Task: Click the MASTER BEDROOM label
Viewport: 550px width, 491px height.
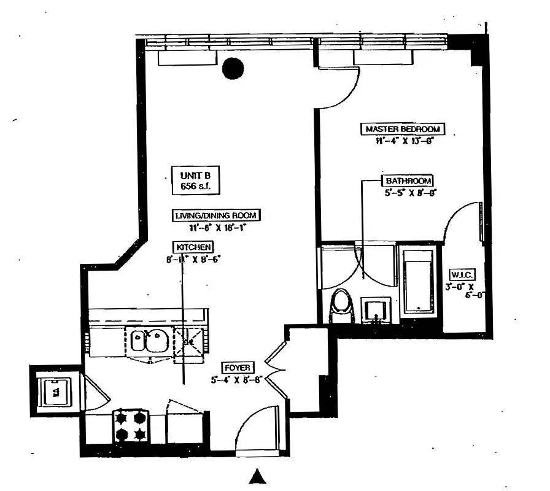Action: tap(402, 129)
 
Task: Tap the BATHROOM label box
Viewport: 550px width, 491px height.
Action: tap(408, 181)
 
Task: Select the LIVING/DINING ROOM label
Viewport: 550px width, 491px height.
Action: tap(215, 215)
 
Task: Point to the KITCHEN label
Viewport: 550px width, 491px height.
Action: tap(194, 247)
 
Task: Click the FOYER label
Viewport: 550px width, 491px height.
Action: tap(236, 368)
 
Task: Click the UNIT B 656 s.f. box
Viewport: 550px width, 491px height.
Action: tap(195, 181)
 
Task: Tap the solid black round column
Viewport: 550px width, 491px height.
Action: tap(233, 69)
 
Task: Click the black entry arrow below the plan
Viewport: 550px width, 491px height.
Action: tap(257, 476)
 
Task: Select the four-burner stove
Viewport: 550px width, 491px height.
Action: tap(131, 426)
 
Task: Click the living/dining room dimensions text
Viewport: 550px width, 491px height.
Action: tap(214, 227)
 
